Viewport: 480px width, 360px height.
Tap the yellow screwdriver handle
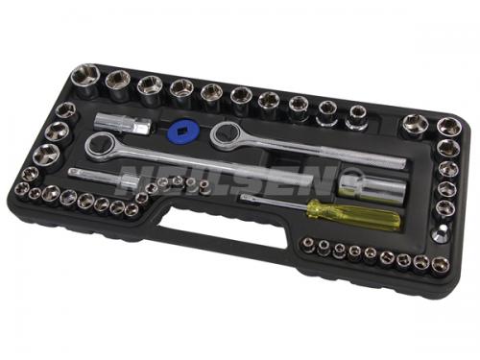[x=353, y=214]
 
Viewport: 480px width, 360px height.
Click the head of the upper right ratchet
[x=227, y=133]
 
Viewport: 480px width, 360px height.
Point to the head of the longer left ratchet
[x=101, y=146]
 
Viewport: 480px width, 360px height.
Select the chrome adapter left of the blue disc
[x=123, y=124]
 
